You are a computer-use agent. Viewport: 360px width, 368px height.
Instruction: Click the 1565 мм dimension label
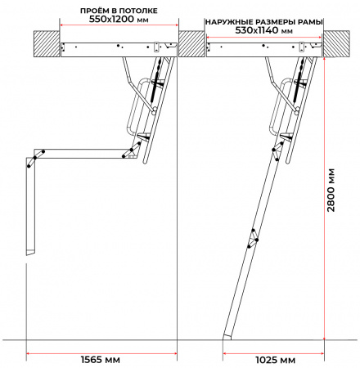pos(101,360)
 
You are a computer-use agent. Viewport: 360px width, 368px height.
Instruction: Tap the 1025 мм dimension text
pos(275,360)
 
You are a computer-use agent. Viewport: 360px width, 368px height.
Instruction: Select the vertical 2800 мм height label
pos(331,191)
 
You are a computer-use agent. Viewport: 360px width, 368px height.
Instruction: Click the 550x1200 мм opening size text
pos(119,19)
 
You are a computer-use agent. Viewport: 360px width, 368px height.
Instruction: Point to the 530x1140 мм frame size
pos(263,30)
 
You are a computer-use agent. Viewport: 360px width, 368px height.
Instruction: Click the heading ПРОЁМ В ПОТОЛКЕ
pos(119,11)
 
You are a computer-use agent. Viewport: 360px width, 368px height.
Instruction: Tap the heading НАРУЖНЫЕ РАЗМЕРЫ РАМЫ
pos(264,22)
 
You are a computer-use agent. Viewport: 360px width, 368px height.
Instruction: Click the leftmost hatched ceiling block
pos(47,44)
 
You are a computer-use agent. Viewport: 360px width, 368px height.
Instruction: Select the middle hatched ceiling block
pos(191,44)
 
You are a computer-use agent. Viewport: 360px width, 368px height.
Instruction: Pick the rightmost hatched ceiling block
pos(336,44)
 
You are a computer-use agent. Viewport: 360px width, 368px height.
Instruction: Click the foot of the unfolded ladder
pos(227,337)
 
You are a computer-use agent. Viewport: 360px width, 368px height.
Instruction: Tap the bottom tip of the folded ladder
pos(30,253)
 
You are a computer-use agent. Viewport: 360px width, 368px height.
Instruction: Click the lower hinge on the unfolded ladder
pos(253,239)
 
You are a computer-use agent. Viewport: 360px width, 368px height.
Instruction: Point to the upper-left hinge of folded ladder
pos(35,159)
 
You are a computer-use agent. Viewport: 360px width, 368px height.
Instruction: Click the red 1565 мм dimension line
pos(101,353)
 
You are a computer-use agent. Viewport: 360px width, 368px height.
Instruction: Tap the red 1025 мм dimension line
pos(273,353)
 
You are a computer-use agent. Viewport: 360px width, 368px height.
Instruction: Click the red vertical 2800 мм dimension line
pos(324,199)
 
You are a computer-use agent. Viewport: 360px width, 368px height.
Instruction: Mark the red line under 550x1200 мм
pos(119,25)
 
